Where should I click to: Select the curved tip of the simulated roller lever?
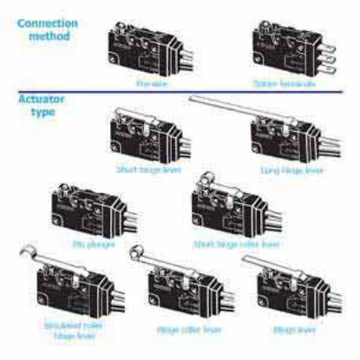coord(22,252)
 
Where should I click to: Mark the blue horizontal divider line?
coord(173,93)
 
